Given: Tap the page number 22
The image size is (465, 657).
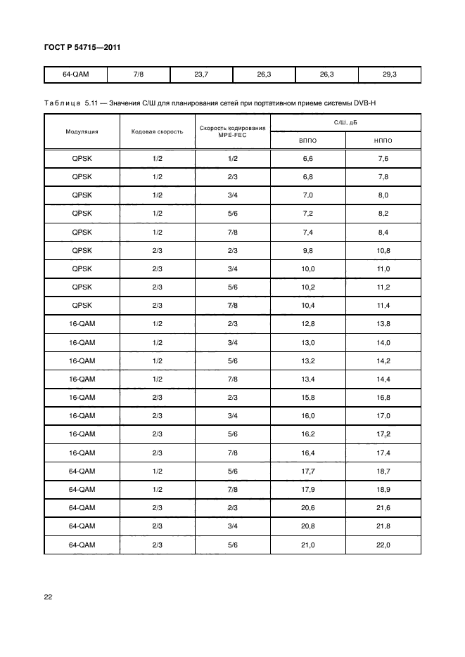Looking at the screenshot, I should point(48,597).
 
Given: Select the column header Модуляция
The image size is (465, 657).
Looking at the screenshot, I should point(82,131).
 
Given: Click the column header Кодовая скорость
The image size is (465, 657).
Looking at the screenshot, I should point(157,131).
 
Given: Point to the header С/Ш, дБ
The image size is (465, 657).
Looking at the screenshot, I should point(345,122).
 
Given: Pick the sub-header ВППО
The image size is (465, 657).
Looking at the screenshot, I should point(307,141).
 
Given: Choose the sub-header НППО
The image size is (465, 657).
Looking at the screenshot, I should point(383,141).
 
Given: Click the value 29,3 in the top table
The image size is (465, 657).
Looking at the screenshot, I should point(389,74).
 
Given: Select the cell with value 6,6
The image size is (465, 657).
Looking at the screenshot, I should point(307,159).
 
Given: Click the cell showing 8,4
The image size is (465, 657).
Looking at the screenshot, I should point(383,233).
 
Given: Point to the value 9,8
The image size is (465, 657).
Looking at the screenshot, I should point(307,251).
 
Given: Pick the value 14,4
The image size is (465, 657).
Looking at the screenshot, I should point(383,379).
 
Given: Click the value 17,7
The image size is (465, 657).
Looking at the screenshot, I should point(307,471).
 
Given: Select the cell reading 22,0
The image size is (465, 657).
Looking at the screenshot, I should point(383,544).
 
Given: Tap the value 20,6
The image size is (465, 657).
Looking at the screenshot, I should point(307,507).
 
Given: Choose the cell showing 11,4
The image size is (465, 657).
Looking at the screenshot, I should point(383,306).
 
